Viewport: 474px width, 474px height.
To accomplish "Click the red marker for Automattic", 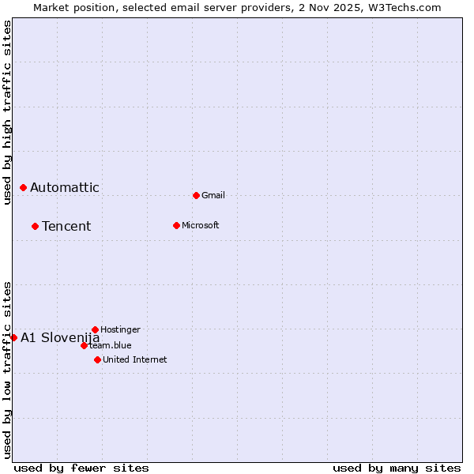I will pyautogui.click(x=23, y=187).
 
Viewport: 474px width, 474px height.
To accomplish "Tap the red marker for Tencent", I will pyautogui.click(x=35, y=226).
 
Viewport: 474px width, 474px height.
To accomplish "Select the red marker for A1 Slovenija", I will pyautogui.click(x=13, y=337).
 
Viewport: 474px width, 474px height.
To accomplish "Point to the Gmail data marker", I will pyautogui.click(x=196, y=195).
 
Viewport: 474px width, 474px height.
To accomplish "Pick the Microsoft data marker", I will pyautogui.click(x=176, y=225).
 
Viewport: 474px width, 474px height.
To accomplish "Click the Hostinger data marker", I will pyautogui.click(x=95, y=329).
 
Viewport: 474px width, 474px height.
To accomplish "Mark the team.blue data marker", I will pyautogui.click(x=84, y=345).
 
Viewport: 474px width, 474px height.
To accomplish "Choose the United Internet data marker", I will pyautogui.click(x=97, y=359).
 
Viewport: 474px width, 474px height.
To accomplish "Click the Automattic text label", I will pyautogui.click(x=65, y=187).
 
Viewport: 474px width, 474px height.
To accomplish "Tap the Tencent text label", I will pyautogui.click(x=66, y=226).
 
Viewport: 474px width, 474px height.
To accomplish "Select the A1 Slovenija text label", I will pyautogui.click(x=60, y=337).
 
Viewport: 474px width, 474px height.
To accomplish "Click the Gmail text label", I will pyautogui.click(x=213, y=195).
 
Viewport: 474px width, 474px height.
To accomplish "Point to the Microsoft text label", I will pyautogui.click(x=201, y=225).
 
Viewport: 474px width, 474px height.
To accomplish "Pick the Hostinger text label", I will pyautogui.click(x=121, y=329).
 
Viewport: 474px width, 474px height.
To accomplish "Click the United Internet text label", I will pyautogui.click(x=135, y=359).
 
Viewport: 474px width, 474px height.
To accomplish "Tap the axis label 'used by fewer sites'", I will pyautogui.click(x=81, y=468).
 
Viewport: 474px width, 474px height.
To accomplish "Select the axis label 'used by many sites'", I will pyautogui.click(x=397, y=468).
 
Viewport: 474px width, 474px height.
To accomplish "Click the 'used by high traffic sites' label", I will pyautogui.click(x=8, y=112).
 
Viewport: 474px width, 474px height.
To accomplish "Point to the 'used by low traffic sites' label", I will pyautogui.click(x=8, y=370).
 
